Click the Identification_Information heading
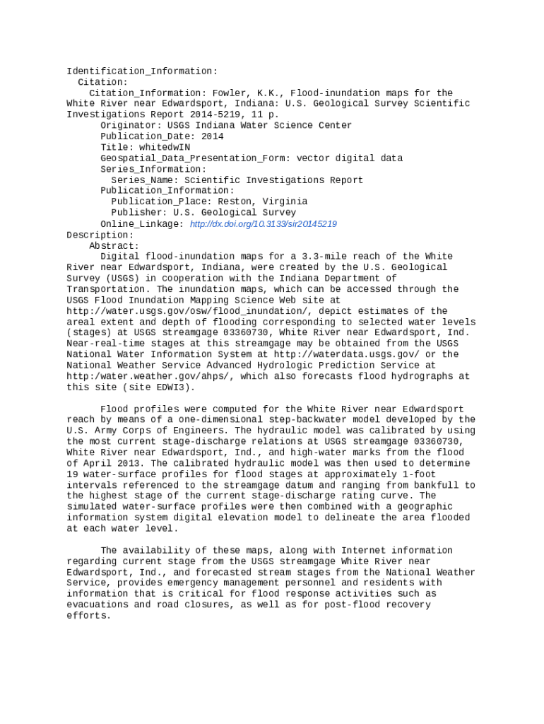click(x=142, y=71)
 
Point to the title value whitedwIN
click(x=165, y=148)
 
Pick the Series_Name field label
click(x=145, y=180)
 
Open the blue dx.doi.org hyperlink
click(x=264, y=224)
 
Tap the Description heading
click(x=100, y=235)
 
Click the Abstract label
click(x=114, y=246)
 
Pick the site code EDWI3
click(x=173, y=387)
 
